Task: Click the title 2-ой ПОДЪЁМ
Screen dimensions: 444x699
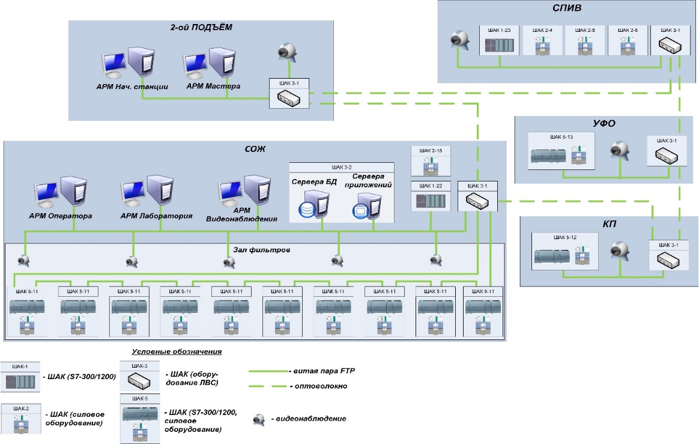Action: click(201, 28)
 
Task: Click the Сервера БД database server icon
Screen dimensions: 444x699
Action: click(313, 204)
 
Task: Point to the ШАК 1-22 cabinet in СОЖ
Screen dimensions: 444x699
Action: click(430, 196)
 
